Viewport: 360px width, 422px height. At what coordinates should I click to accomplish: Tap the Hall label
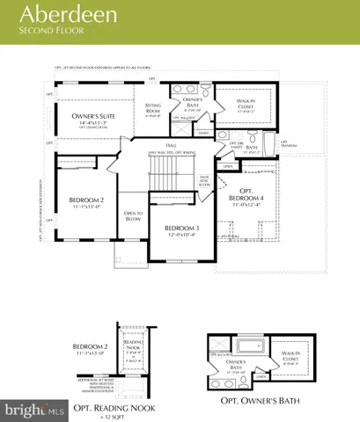tap(171, 146)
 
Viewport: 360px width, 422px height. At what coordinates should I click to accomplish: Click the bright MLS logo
tap(33, 410)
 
